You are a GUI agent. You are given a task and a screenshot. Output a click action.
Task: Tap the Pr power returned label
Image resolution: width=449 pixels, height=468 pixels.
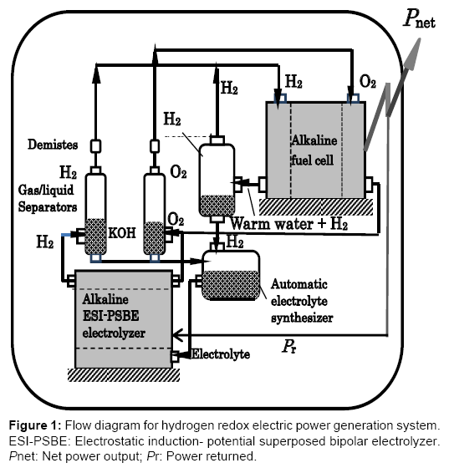click(x=289, y=347)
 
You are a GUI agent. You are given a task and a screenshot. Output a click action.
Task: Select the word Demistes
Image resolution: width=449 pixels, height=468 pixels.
click(x=53, y=145)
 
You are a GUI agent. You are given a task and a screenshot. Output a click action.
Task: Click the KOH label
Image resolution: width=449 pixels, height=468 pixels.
click(x=122, y=233)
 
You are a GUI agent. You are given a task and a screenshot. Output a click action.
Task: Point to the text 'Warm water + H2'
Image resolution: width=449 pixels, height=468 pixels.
click(x=289, y=224)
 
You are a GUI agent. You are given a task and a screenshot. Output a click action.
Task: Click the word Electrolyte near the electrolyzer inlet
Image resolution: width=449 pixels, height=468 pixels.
click(x=221, y=354)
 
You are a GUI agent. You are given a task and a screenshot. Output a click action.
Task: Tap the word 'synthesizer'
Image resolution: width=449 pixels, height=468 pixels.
click(x=302, y=318)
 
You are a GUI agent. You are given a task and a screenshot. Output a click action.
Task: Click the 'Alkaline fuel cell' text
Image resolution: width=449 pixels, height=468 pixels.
click(x=314, y=150)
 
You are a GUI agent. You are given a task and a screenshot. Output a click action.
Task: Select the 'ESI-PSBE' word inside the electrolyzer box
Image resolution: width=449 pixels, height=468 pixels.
click(x=110, y=316)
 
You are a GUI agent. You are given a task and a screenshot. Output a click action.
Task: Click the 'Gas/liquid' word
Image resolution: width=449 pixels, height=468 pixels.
click(x=46, y=191)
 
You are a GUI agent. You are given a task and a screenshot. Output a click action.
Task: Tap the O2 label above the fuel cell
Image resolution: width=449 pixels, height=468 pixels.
click(x=368, y=82)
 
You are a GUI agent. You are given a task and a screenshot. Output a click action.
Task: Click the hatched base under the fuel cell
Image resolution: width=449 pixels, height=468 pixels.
click(x=316, y=206)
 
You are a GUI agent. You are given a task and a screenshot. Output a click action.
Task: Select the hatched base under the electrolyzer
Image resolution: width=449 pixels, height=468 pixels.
click(x=124, y=375)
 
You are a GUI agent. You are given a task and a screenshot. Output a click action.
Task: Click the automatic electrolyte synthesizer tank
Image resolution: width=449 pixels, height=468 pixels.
click(x=231, y=275)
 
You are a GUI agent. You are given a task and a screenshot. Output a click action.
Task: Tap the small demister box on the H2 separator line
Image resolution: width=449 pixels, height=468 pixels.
click(x=95, y=146)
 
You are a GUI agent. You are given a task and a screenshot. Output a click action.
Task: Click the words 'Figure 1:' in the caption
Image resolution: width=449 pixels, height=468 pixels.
click(x=35, y=425)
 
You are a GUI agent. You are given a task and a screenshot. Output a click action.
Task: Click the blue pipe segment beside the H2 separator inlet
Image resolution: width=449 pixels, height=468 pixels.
click(x=66, y=236)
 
